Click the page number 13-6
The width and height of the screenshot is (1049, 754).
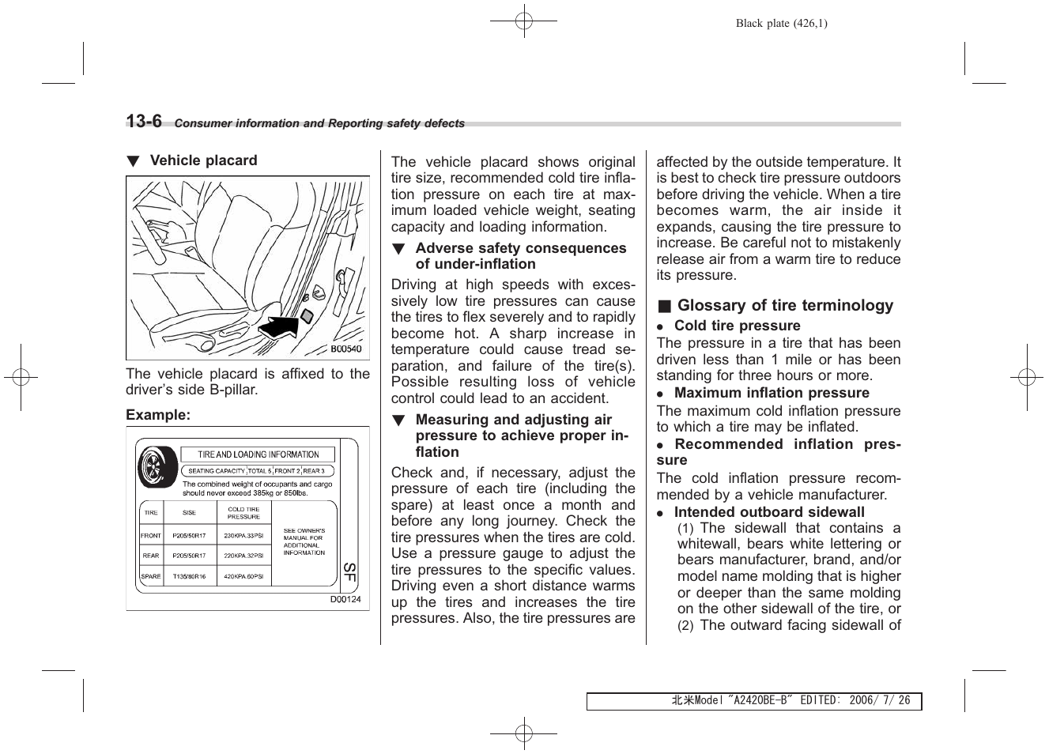[144, 121]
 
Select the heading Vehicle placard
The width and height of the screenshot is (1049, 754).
[203, 160]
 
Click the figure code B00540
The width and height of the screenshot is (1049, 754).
[345, 349]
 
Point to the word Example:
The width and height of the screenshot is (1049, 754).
[158, 415]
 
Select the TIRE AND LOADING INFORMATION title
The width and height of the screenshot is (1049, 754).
[258, 454]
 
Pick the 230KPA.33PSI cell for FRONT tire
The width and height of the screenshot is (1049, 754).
[243, 535]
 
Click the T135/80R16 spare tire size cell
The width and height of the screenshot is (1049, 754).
[189, 576]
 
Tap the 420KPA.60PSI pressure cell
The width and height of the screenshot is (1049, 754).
[243, 576]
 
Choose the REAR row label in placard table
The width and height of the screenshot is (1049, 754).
[151, 556]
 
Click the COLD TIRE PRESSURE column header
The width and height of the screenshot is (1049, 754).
[243, 513]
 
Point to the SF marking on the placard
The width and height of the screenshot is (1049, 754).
[349, 573]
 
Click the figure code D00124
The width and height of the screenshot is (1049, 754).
[345, 599]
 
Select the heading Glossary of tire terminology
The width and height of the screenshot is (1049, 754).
[784, 306]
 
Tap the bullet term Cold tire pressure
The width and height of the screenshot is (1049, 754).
[737, 326]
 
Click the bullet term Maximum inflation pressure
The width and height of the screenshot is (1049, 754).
[771, 393]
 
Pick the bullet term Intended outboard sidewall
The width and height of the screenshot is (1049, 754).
[769, 512]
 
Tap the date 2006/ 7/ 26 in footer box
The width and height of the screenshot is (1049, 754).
[879, 701]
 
